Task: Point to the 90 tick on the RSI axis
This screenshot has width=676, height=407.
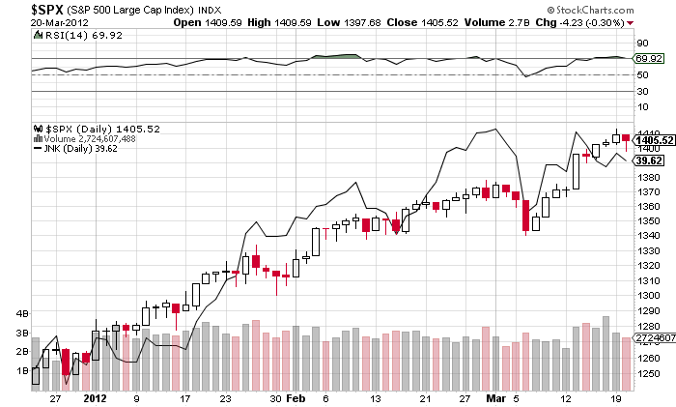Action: (640, 44)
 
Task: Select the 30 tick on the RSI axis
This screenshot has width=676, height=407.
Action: (640, 91)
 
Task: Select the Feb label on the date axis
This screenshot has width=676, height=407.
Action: (298, 397)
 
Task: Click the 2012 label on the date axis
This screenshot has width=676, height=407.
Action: (94, 397)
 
